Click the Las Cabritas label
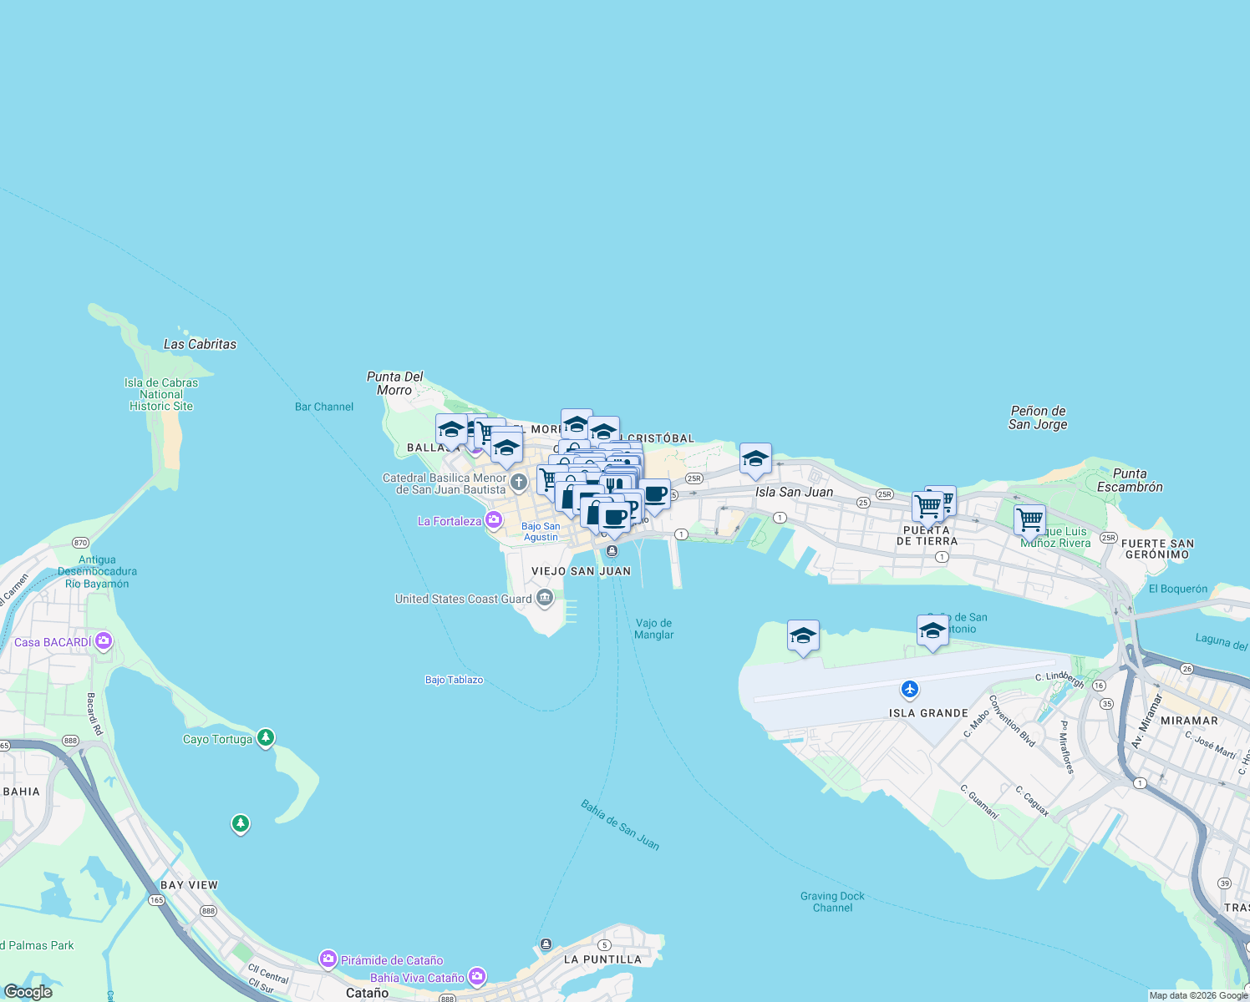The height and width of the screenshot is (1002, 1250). click(200, 344)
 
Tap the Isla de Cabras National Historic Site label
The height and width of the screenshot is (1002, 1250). click(161, 394)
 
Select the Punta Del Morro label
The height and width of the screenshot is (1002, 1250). click(394, 383)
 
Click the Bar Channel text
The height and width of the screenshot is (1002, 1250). click(324, 407)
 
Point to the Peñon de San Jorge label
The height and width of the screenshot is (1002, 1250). click(1038, 417)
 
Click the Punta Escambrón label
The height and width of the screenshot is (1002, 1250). click(1130, 480)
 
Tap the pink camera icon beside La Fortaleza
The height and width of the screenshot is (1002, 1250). click(494, 521)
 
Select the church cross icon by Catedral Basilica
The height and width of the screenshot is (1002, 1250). click(519, 482)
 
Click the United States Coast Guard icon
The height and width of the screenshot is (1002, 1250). click(545, 598)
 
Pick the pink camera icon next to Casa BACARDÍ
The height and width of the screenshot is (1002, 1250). click(104, 641)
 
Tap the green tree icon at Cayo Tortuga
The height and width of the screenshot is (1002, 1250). click(266, 737)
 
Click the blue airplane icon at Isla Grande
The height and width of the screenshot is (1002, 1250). click(910, 690)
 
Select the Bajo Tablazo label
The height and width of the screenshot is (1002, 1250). click(454, 680)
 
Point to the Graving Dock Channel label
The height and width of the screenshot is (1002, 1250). click(832, 902)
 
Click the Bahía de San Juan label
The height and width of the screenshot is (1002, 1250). click(620, 826)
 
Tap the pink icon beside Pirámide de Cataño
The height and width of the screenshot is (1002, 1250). click(328, 959)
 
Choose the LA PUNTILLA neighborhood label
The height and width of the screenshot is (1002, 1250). click(602, 959)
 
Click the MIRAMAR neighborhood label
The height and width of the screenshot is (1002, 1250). click(1189, 720)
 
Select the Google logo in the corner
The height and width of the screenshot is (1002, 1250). click(28, 992)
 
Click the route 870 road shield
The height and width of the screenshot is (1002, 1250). click(81, 543)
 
